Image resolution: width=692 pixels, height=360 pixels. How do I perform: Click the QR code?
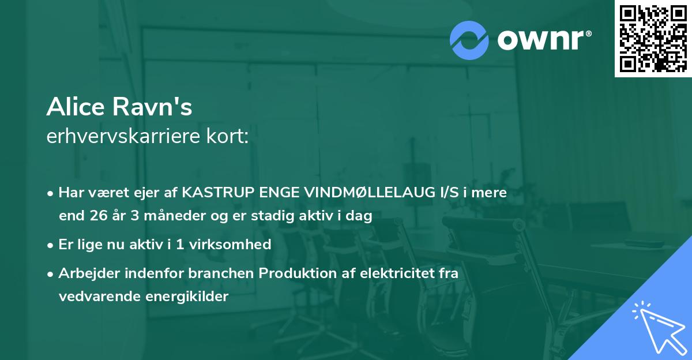653,38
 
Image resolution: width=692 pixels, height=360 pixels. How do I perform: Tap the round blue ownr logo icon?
469,40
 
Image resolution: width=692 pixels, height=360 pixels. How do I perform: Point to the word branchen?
224,273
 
